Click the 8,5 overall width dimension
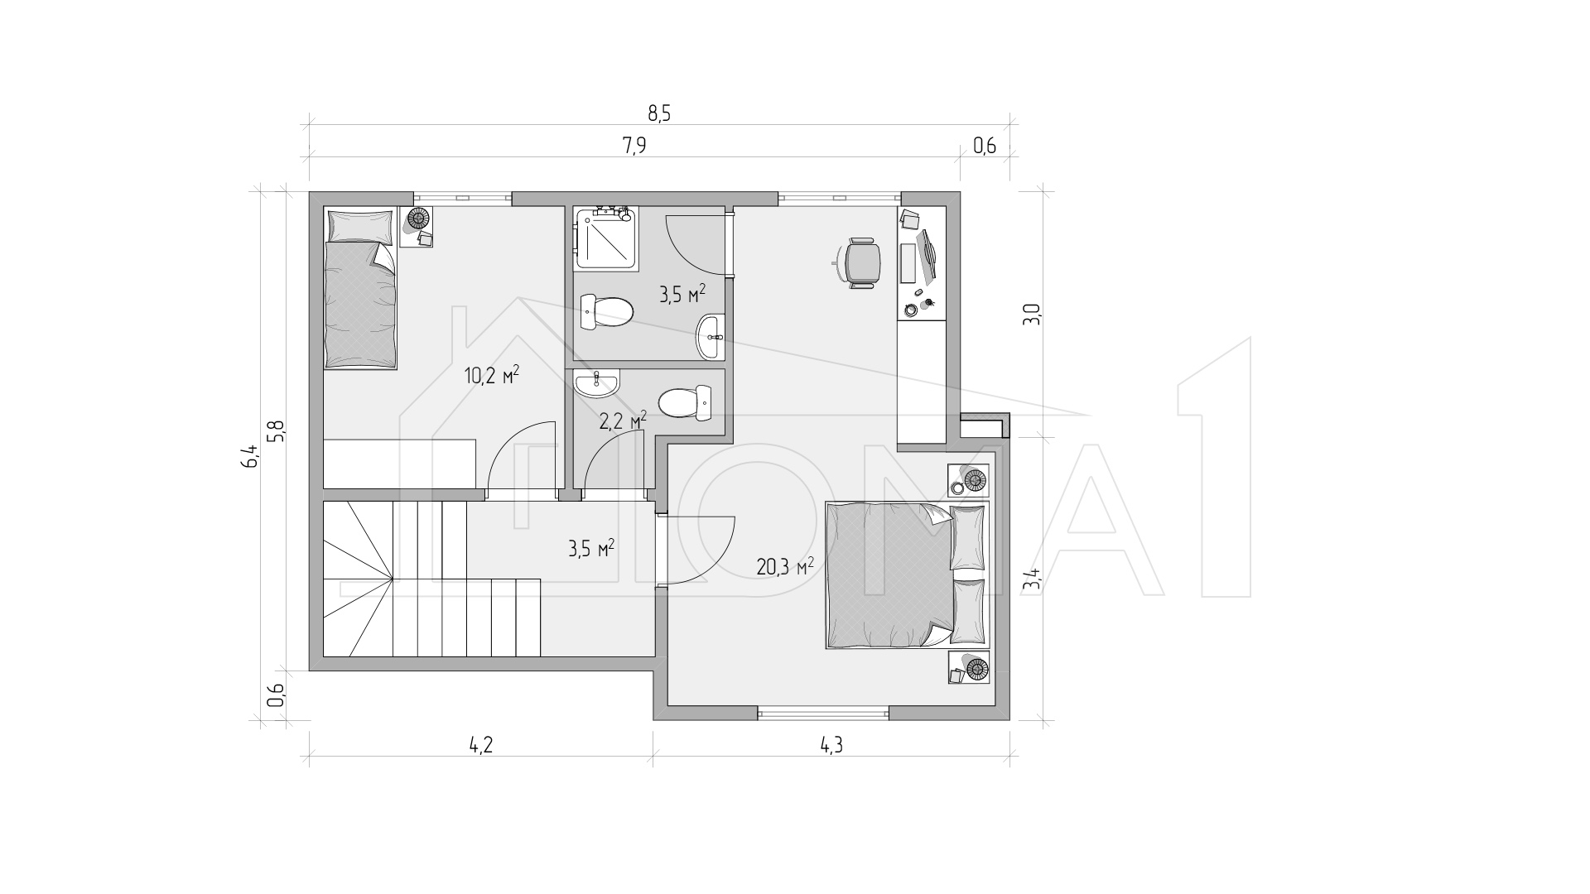658,114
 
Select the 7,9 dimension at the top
634,147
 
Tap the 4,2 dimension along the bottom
481,745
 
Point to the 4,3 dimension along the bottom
831,745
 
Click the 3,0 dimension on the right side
1032,315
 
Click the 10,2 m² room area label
492,376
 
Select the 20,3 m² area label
785,566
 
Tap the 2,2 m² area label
623,421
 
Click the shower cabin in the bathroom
607,238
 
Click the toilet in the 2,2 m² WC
686,402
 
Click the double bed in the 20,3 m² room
908,574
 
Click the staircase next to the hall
431,579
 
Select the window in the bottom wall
823,713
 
